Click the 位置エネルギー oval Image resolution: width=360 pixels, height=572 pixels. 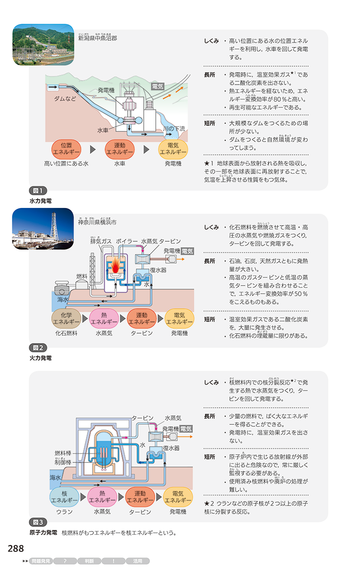click(66, 149)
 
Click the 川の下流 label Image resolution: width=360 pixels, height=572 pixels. click(175, 129)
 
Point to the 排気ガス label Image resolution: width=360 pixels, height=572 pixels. click(101, 241)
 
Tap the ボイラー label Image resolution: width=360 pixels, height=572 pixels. click(127, 241)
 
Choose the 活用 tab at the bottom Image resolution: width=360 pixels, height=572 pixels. click(137, 561)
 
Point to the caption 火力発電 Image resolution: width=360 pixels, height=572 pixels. click(41, 358)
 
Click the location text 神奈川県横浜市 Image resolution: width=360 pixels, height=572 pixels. click(97, 222)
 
